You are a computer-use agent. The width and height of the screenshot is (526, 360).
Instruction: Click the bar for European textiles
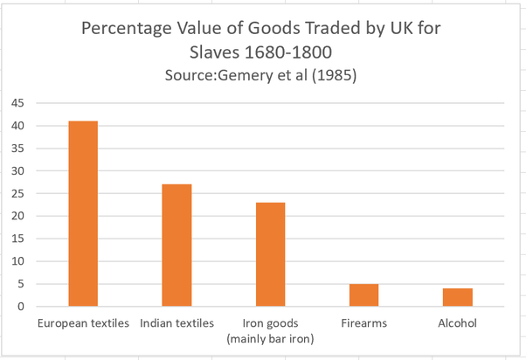[83, 214]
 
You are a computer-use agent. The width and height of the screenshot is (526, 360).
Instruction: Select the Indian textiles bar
[176, 246]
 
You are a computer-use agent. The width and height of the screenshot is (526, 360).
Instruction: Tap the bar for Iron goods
[270, 254]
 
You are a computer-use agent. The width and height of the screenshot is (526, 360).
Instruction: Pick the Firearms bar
[363, 295]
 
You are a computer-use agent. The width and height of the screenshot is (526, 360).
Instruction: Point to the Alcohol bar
[457, 297]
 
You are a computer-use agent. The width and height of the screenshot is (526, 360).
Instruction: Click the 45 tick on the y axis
[17, 103]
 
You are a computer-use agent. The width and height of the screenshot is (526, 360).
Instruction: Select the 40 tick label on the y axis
[17, 126]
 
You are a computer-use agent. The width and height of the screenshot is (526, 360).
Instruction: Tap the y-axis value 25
[17, 193]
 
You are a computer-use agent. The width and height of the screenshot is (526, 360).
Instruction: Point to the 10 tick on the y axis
[17, 261]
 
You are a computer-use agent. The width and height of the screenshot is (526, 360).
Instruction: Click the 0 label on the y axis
[20, 306]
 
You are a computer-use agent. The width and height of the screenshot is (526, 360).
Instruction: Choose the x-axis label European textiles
[83, 323]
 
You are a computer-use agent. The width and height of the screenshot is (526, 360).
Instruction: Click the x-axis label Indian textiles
[176, 323]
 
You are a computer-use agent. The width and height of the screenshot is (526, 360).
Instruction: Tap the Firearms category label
[363, 323]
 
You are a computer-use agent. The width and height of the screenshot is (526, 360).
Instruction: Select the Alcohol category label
[457, 323]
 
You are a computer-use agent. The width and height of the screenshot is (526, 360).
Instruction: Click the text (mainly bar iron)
[270, 338]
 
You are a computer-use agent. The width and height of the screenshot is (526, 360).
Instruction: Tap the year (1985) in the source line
[333, 76]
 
